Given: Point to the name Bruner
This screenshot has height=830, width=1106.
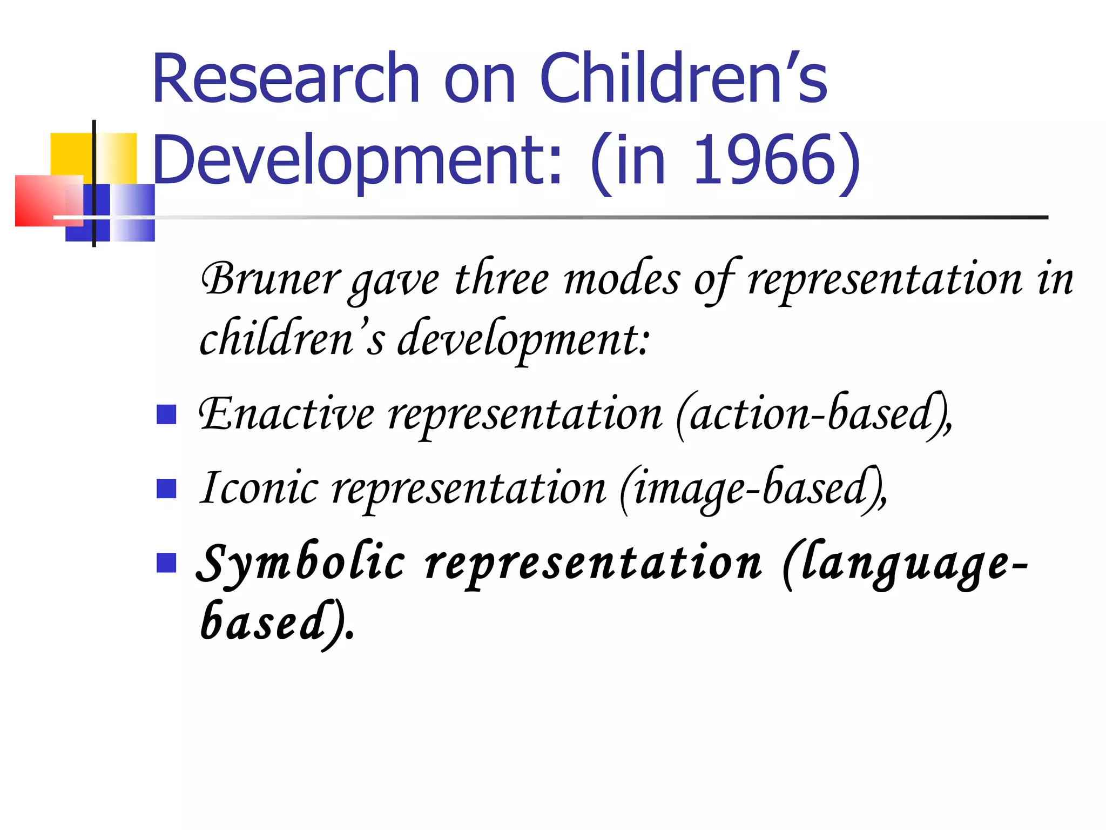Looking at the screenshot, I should [x=270, y=280].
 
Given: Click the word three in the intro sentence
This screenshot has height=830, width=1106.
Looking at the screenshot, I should [x=502, y=280].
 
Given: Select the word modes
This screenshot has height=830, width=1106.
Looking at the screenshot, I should [x=622, y=280].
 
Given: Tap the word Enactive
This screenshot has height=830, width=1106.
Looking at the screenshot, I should [x=286, y=415].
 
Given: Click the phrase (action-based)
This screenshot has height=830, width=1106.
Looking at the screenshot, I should [x=813, y=415].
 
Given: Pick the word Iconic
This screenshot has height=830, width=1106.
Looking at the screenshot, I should [x=259, y=488].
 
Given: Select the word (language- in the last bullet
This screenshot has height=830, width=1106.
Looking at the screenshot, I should [x=905, y=563].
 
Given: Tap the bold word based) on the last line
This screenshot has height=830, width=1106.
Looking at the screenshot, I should [x=275, y=622].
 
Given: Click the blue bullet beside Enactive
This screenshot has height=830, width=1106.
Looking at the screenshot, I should [x=166, y=415].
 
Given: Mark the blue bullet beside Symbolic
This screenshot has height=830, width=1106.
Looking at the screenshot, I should [x=166, y=563].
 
